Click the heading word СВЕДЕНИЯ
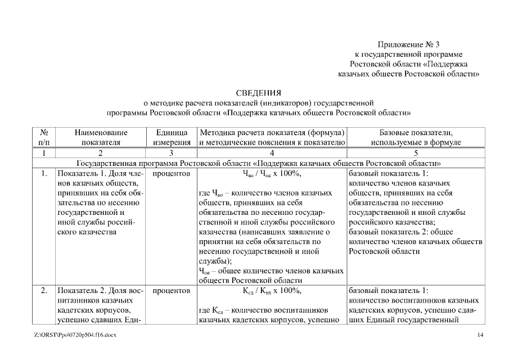pos(258,93)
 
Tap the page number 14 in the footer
pos(480,336)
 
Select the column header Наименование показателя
pos(101,138)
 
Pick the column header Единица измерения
pos(171,138)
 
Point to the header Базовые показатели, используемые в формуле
pos(416,138)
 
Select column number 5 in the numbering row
pos(416,153)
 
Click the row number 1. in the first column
pos(44,174)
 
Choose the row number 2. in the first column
pos(44,291)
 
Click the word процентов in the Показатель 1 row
pos(171,174)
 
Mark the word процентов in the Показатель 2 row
pos(171,291)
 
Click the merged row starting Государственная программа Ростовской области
pos(258,163)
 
